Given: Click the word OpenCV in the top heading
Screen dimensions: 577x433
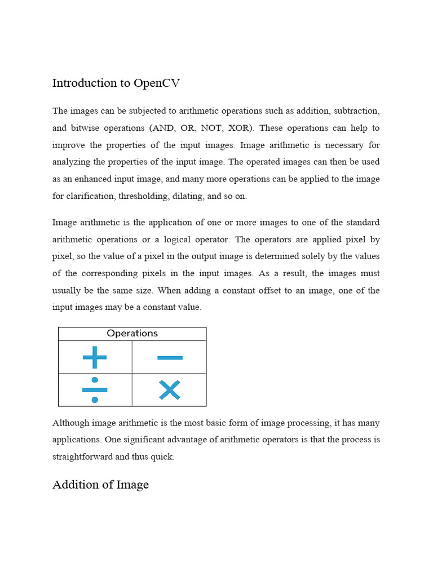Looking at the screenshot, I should coord(157,83).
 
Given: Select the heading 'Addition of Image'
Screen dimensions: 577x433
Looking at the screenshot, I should coord(100,485).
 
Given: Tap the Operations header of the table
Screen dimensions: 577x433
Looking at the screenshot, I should coord(132,334).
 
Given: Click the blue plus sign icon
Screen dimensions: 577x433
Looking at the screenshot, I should coord(95,357).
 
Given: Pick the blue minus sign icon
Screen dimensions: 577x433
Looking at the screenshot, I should coord(170,357).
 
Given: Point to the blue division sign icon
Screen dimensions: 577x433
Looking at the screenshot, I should coord(95,390).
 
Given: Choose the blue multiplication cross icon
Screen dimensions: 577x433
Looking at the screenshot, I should coord(170,390).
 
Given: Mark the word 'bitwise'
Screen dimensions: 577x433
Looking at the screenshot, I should coord(86,128).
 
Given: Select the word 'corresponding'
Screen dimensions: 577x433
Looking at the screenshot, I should coord(109,274).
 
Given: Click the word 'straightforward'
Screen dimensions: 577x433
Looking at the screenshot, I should coord(82,457).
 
